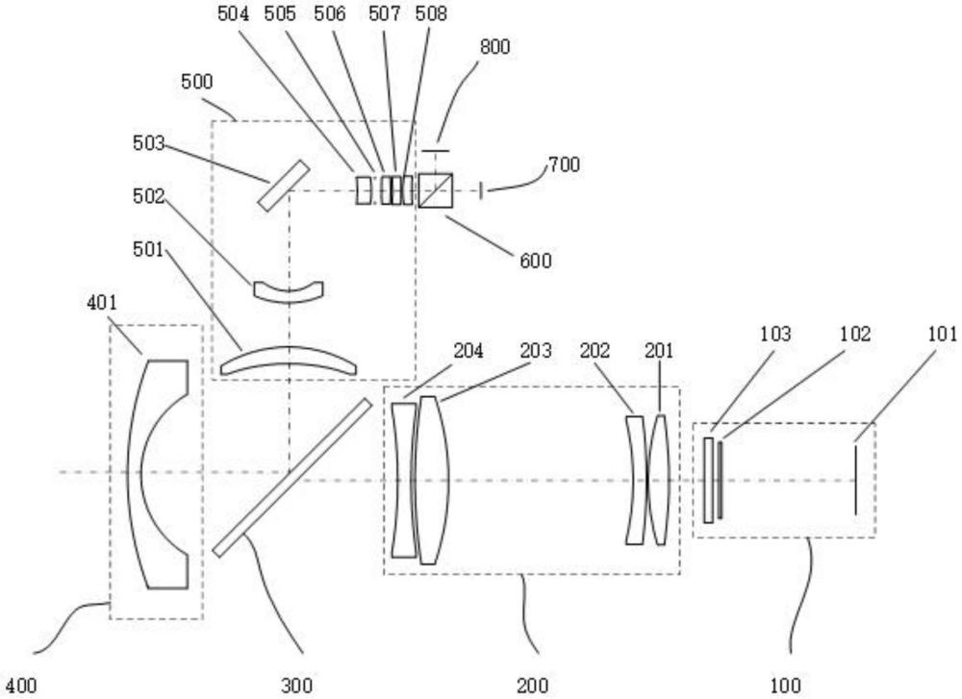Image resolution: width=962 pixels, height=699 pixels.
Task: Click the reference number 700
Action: tap(563, 166)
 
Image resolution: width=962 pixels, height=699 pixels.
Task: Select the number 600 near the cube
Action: tap(536, 260)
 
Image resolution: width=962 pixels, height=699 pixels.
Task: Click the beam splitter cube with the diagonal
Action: tap(436, 190)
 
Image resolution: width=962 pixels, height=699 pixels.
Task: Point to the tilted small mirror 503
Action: tap(284, 185)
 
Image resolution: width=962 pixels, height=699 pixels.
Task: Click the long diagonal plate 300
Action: tap(291, 477)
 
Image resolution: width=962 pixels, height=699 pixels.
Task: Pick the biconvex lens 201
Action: tap(658, 479)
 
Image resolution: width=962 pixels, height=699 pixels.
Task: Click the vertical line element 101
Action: tap(854, 478)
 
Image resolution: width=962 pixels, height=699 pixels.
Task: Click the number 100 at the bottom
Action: tap(786, 686)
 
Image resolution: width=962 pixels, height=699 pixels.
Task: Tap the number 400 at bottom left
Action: tap(20, 686)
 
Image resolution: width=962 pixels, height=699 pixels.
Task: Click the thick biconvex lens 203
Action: tap(430, 479)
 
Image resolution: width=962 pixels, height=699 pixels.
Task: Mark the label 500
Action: tap(196, 82)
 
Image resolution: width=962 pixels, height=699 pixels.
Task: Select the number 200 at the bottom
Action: tap(532, 686)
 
